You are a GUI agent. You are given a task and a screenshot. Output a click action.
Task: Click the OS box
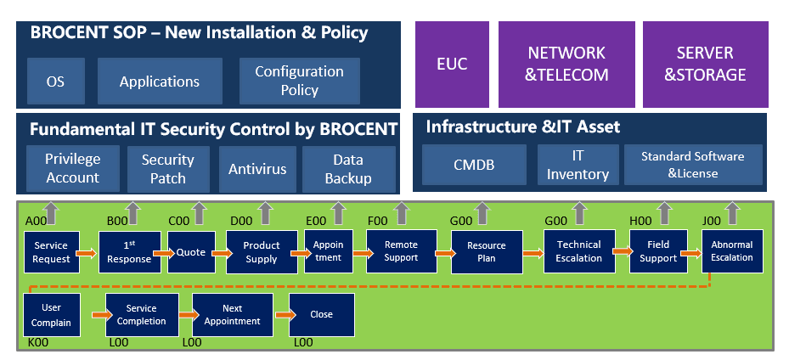pos(55,82)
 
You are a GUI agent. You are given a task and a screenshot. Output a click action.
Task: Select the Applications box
pos(160,82)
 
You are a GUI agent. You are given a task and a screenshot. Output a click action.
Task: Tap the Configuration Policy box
pos(299,81)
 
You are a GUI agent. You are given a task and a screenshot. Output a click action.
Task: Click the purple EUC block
pos(452,64)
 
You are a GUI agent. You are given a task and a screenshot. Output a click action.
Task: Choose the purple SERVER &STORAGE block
pos(705,64)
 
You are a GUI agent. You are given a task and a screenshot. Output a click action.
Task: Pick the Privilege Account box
pos(72,169)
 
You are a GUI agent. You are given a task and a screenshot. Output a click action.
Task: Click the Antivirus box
pos(256,169)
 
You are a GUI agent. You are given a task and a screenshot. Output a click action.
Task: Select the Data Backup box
pos(348,169)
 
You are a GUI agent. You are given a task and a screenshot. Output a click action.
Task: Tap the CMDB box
pos(474,166)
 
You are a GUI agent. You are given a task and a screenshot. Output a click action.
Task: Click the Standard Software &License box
pos(692,166)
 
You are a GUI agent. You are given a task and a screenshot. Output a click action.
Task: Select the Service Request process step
pos(52,252)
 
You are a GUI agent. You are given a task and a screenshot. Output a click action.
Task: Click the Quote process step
pos(192,251)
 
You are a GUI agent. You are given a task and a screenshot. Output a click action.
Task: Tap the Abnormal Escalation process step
pos(732,251)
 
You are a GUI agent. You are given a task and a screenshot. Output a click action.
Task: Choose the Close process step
pos(321,315)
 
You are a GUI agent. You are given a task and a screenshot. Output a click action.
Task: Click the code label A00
pos(36,222)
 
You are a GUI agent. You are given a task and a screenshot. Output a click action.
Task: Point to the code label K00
pos(37,343)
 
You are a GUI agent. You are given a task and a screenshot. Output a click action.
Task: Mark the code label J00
pos(712,222)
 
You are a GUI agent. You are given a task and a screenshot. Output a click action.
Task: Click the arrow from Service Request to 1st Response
pos(87,252)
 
